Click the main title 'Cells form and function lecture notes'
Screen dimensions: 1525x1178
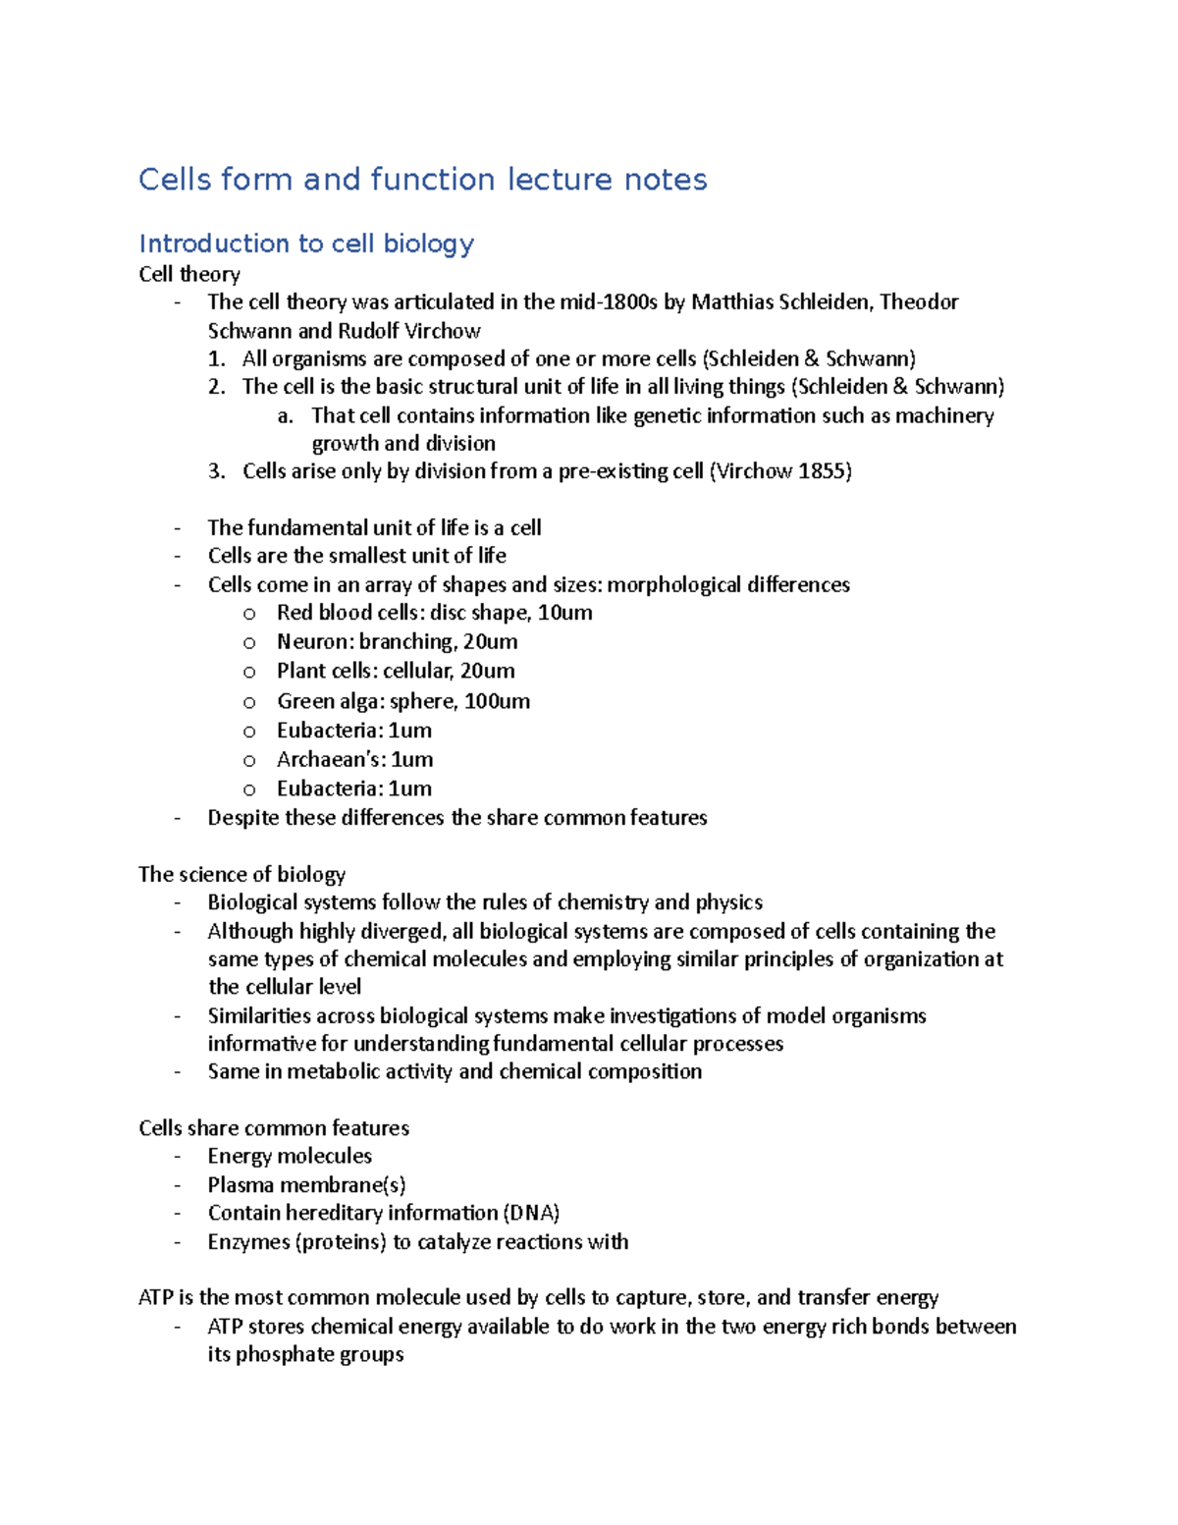(x=422, y=180)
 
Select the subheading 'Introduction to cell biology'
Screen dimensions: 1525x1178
(x=306, y=244)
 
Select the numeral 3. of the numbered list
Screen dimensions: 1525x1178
(x=217, y=471)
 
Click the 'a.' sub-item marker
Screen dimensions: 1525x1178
(x=285, y=416)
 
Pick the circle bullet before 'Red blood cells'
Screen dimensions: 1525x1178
(x=249, y=614)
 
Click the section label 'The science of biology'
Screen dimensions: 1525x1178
(x=241, y=874)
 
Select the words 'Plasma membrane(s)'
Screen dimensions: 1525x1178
(x=306, y=1185)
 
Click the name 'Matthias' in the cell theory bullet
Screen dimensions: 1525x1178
(x=732, y=302)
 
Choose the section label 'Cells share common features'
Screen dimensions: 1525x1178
(x=274, y=1128)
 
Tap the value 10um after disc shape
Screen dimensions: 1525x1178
(x=564, y=614)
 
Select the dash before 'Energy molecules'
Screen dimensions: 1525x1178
(x=178, y=1157)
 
